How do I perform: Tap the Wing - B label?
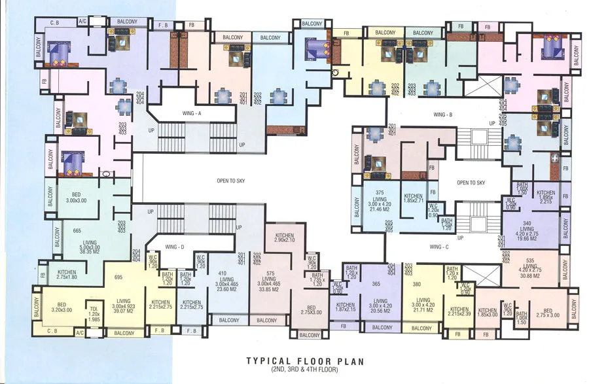pos(443,114)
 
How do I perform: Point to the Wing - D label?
pos(173,247)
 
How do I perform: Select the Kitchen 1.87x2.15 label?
pos(345,307)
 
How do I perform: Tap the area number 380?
pos(417,285)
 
